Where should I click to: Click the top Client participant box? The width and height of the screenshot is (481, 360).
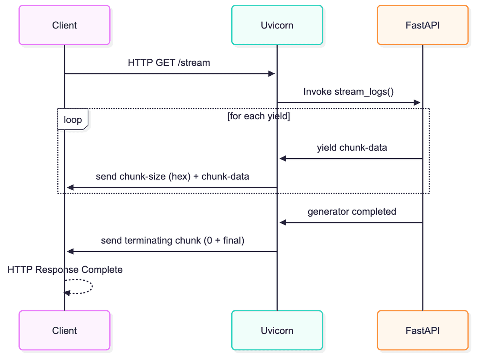pyautogui.click(x=65, y=25)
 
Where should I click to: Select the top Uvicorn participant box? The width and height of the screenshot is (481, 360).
pyautogui.click(x=277, y=25)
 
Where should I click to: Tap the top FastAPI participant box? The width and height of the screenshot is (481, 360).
pyautogui.click(x=423, y=25)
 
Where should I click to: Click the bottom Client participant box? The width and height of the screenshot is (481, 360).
pyautogui.click(x=65, y=330)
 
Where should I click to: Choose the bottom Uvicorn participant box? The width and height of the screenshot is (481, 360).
pyautogui.click(x=277, y=330)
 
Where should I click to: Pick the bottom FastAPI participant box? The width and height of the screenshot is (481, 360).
pyautogui.click(x=423, y=330)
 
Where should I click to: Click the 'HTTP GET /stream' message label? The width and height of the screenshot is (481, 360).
pyautogui.click(x=169, y=62)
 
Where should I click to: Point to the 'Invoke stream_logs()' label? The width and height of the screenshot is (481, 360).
pyautogui.click(x=348, y=92)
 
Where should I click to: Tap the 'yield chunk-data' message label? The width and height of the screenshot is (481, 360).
pyautogui.click(x=352, y=148)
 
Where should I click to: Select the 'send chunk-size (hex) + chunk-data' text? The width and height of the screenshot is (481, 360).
pyautogui.click(x=172, y=177)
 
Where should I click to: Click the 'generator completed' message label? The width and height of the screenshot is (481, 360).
pyautogui.click(x=352, y=211)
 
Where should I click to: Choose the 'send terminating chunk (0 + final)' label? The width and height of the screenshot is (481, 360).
pyautogui.click(x=172, y=241)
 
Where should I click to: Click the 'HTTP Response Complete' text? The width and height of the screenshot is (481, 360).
pyautogui.click(x=65, y=269)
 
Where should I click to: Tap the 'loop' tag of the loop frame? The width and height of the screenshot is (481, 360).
pyautogui.click(x=73, y=119)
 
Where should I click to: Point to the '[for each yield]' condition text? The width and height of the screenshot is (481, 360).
pyautogui.click(x=259, y=116)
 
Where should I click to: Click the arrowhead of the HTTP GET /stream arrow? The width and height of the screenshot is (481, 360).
pyautogui.click(x=272, y=74)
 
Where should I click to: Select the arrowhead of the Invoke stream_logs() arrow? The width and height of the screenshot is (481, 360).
pyautogui.click(x=417, y=103)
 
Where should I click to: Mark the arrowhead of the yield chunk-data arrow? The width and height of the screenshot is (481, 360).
pyautogui.click(x=283, y=159)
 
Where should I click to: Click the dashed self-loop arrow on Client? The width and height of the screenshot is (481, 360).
pyautogui.click(x=92, y=286)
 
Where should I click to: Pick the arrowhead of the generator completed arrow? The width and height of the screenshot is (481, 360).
pyautogui.click(x=283, y=223)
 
